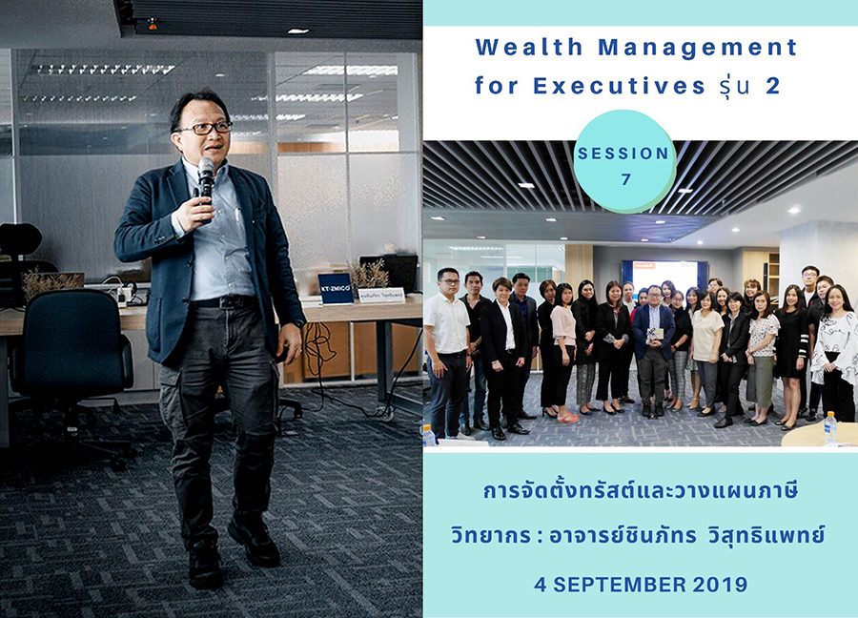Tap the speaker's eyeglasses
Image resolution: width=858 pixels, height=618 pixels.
(x=204, y=128)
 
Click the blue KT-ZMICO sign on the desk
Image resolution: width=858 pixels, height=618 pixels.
(x=336, y=288)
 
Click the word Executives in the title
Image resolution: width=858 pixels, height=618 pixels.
(x=619, y=86)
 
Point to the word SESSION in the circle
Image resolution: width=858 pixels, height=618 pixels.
(x=623, y=154)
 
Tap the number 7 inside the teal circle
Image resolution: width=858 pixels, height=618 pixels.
(x=626, y=179)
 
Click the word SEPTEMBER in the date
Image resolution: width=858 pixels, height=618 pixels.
(x=620, y=585)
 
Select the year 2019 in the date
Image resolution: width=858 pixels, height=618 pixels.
(x=720, y=585)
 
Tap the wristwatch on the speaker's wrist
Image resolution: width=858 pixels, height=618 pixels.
(x=298, y=323)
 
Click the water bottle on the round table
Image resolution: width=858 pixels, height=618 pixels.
(x=830, y=427)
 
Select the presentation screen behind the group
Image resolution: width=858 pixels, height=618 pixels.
(x=664, y=275)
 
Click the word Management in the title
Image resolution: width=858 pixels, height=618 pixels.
(x=697, y=48)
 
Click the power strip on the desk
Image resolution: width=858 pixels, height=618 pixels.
(x=123, y=295)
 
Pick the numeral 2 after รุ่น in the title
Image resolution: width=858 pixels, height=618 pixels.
(x=772, y=86)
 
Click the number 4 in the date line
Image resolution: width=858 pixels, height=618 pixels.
(x=541, y=585)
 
